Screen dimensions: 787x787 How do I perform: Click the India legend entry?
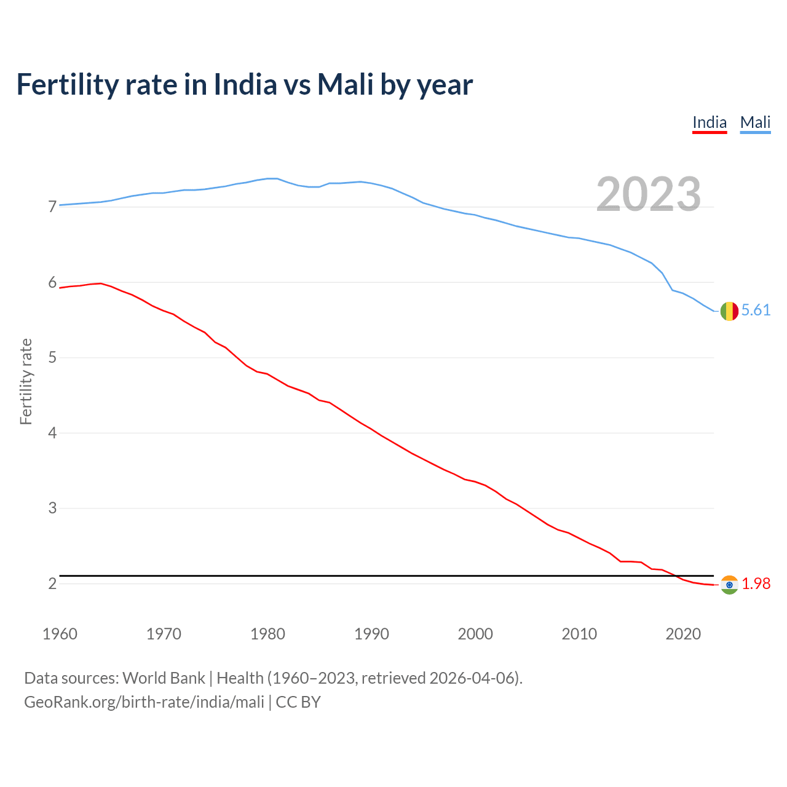(710, 122)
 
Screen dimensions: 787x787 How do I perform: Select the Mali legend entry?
(755, 122)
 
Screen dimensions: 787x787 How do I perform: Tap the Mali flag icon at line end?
(729, 311)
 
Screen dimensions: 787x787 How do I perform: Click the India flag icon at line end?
(729, 585)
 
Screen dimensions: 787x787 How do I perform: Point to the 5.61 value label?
(756, 310)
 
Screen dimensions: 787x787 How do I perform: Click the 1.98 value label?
(756, 583)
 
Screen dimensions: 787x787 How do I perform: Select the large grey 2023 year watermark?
(648, 194)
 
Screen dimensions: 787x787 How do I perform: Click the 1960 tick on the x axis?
(60, 634)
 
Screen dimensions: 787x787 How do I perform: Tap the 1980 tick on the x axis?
(267, 634)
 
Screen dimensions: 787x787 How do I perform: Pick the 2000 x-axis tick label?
(475, 634)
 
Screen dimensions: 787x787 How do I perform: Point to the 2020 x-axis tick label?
(683, 634)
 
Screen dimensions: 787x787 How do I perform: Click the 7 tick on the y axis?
(52, 207)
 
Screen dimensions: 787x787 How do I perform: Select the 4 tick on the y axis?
(52, 433)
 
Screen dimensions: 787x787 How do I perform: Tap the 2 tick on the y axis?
(52, 583)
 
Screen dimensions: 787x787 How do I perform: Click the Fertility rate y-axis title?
(26, 381)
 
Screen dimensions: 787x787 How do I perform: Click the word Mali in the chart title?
(345, 85)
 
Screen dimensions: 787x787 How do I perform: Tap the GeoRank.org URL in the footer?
(144, 702)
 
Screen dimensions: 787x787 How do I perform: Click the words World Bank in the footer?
(164, 678)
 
